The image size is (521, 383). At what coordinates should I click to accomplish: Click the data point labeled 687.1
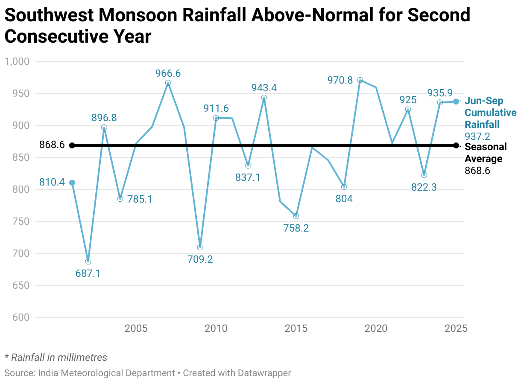(88, 261)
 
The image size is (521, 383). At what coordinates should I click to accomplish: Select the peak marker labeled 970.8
(360, 80)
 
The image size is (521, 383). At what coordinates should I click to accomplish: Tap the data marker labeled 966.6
(168, 83)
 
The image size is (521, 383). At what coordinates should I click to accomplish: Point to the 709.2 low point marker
(200, 247)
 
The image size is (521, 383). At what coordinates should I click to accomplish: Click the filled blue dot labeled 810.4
(72, 183)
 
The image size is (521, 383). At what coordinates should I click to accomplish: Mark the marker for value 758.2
(296, 216)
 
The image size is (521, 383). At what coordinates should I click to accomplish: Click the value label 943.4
(264, 88)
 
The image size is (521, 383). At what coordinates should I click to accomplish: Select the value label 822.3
(424, 187)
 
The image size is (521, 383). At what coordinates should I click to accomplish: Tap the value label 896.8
(104, 117)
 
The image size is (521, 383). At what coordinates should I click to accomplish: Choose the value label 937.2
(477, 136)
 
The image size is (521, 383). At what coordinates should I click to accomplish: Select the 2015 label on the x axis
(296, 329)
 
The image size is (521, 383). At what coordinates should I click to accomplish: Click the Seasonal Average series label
(486, 153)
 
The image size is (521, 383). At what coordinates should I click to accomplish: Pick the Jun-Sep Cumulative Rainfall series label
(490, 113)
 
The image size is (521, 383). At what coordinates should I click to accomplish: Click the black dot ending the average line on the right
(456, 145)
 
